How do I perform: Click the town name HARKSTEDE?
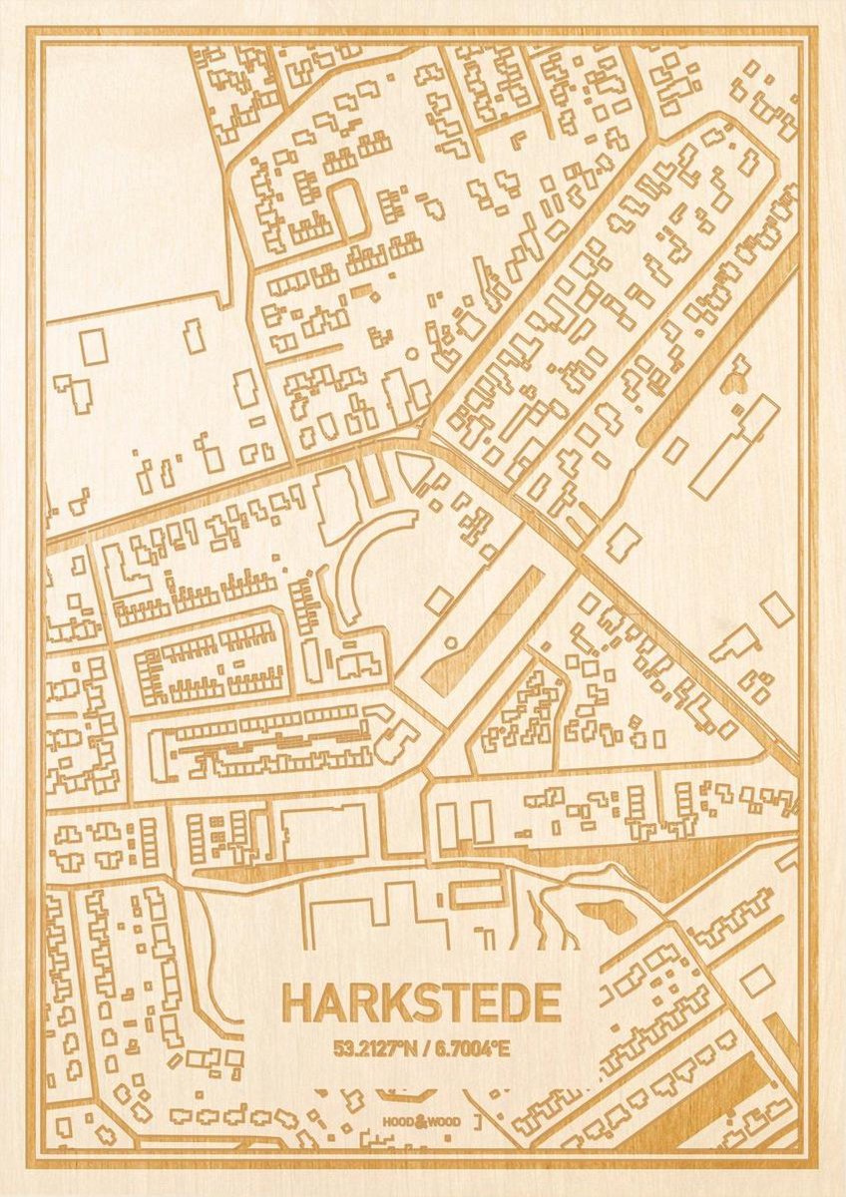(420, 1003)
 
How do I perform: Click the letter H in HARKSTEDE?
(297, 1003)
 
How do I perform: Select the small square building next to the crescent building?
(438, 599)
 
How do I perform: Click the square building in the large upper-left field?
(95, 346)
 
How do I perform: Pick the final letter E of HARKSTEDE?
(544, 1003)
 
